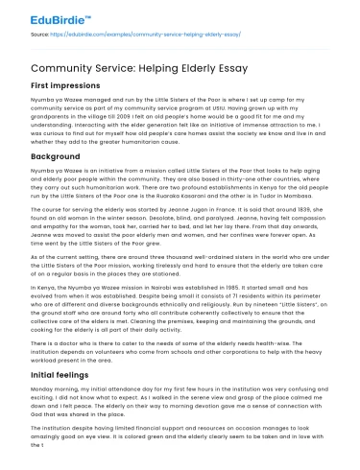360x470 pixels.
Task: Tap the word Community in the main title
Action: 59,68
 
